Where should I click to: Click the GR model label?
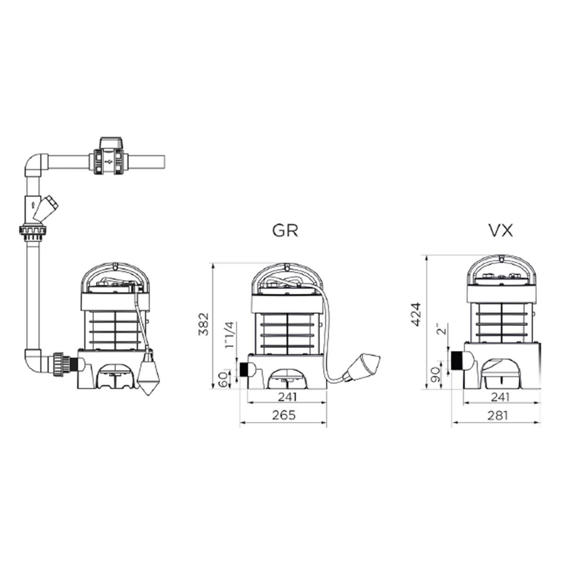coord(285,231)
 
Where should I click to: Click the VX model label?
coord(501,231)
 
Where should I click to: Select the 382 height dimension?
coord(203,324)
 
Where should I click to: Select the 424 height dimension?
coord(416,315)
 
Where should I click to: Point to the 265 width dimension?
coord(284,415)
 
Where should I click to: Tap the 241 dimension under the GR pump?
coord(287,397)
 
